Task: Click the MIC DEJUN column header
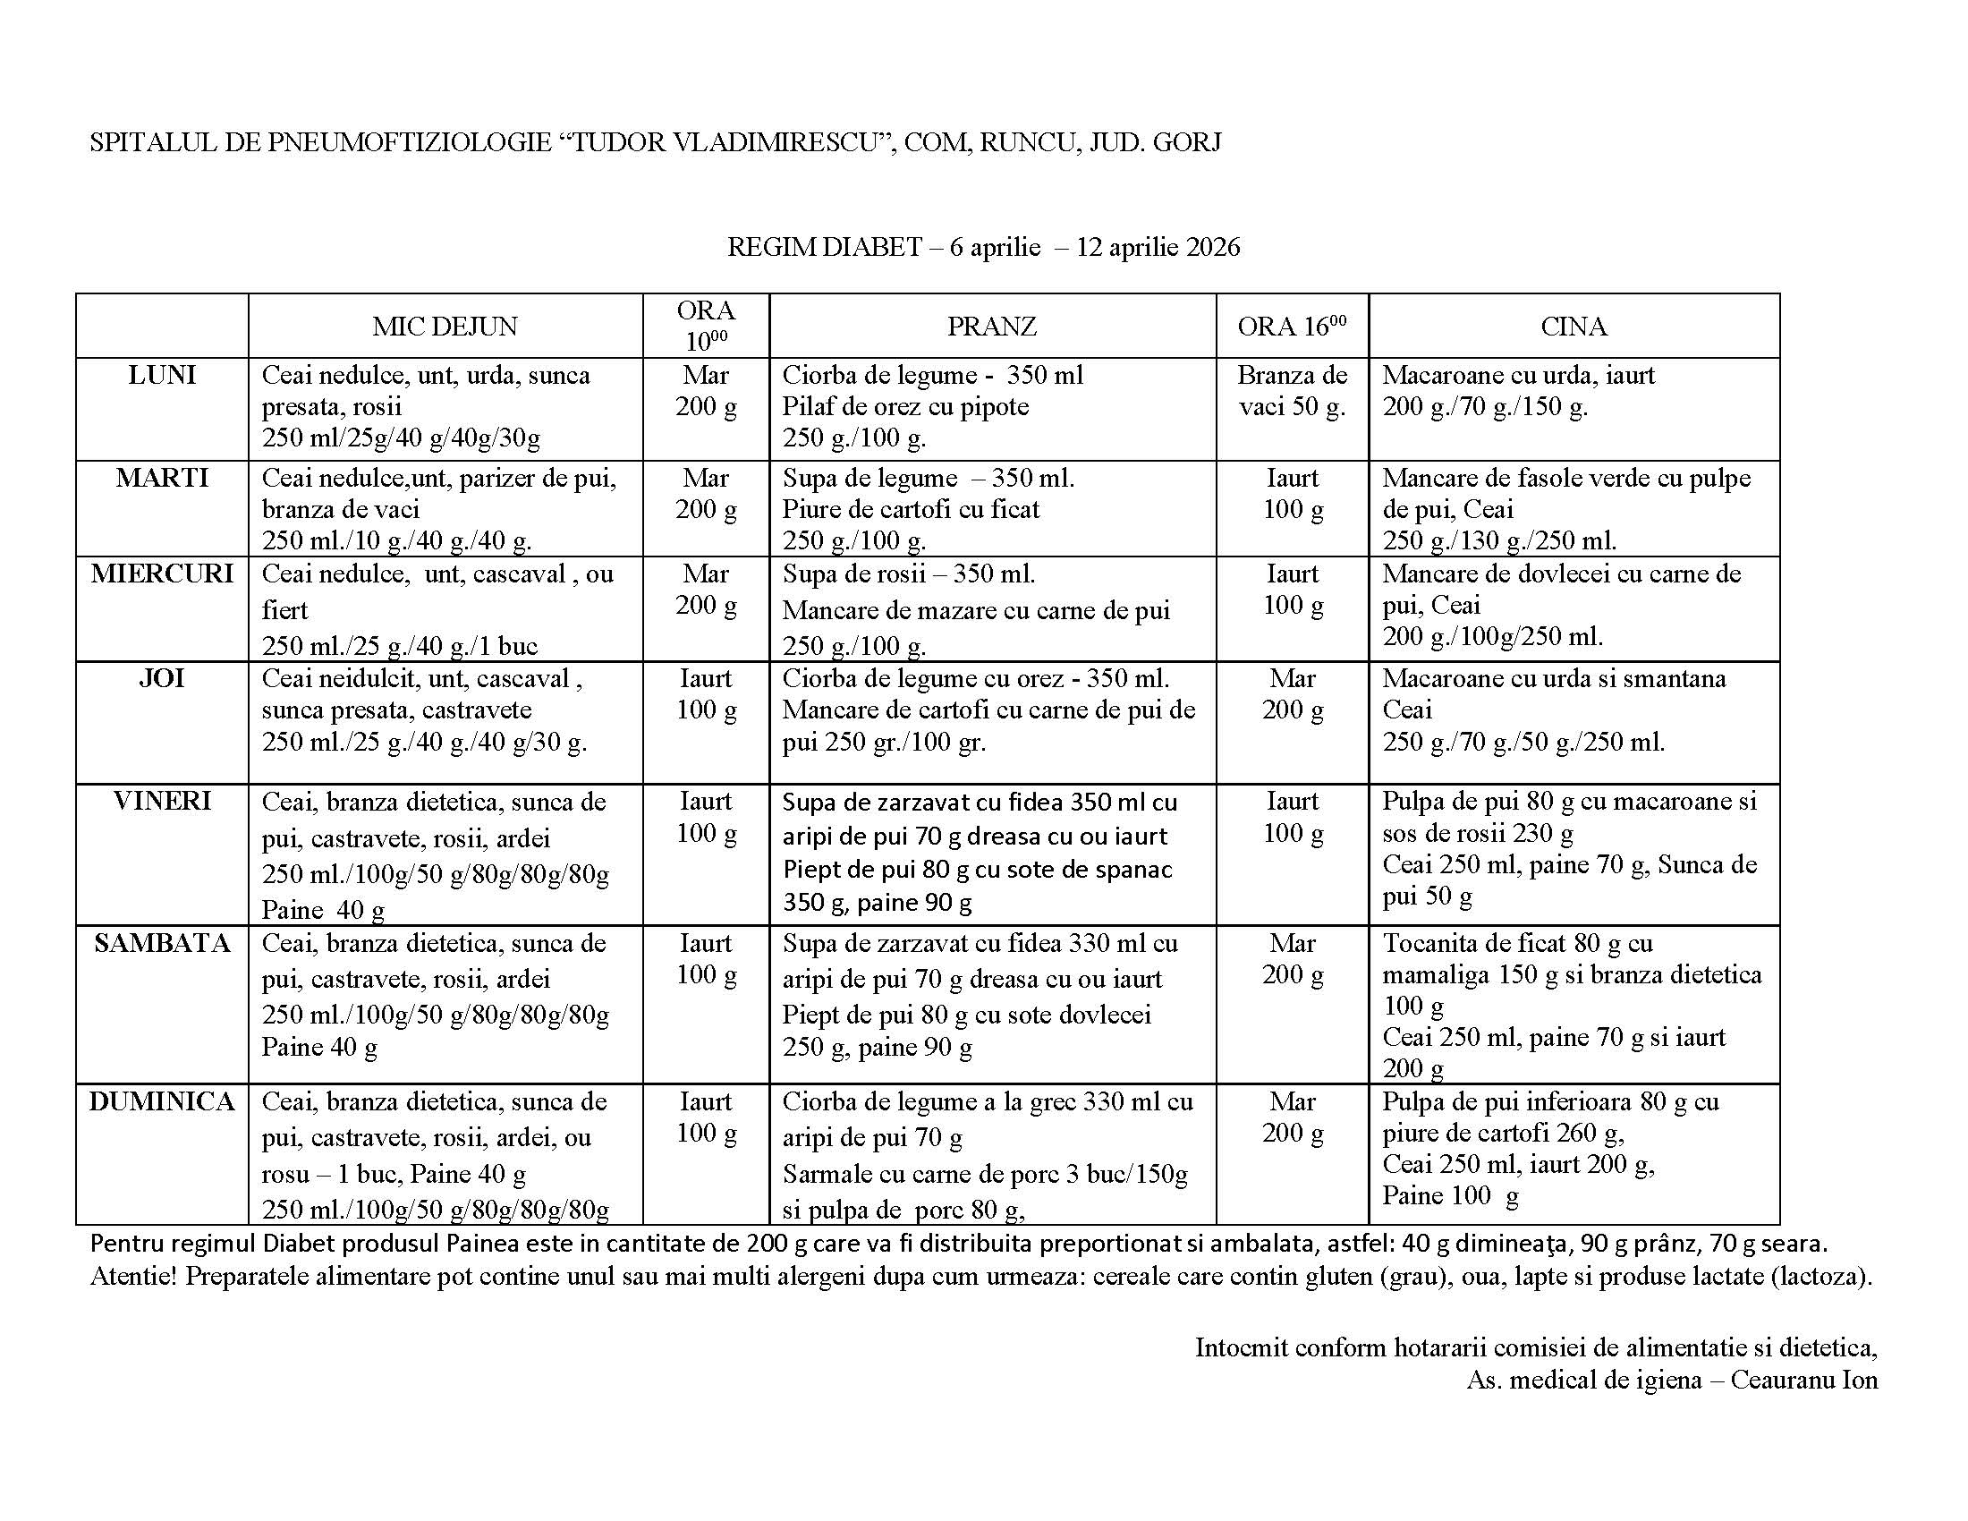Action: pyautogui.click(x=445, y=327)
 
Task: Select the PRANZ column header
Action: pyautogui.click(x=991, y=327)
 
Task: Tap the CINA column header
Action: pyautogui.click(x=1574, y=327)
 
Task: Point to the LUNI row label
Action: pyautogui.click(x=162, y=375)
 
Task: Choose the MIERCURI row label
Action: pyautogui.click(x=162, y=574)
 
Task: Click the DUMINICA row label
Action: pyautogui.click(x=162, y=1101)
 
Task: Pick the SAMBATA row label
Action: pyautogui.click(x=162, y=942)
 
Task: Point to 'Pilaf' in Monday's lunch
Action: pyautogui.click(x=805, y=406)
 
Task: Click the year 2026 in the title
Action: pyautogui.click(x=1213, y=247)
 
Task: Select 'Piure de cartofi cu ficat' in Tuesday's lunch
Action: pyautogui.click(x=910, y=509)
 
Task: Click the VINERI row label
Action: pyautogui.click(x=162, y=800)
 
